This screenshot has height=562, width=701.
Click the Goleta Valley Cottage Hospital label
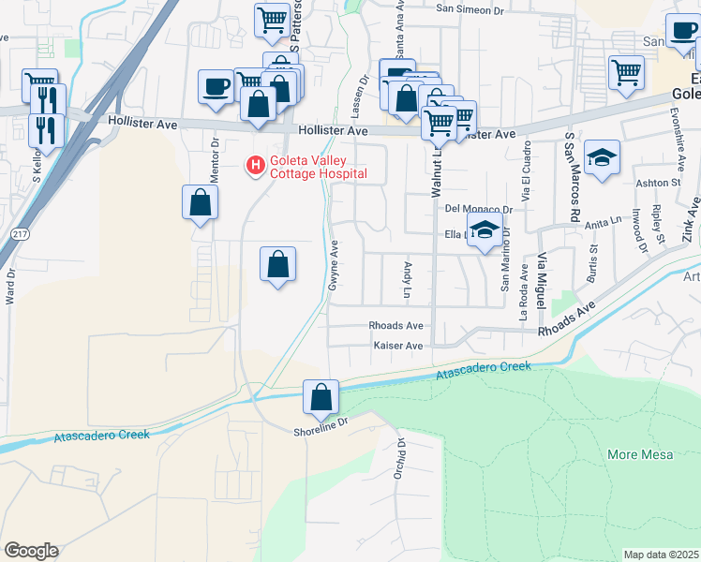[x=317, y=167]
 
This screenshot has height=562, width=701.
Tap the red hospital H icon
[x=254, y=166]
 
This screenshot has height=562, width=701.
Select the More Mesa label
[x=636, y=455]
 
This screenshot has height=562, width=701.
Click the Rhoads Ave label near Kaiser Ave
[x=395, y=326]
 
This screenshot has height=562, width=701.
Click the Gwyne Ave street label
[x=334, y=265]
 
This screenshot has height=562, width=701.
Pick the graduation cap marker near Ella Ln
[x=485, y=230]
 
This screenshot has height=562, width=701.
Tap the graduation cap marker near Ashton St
[x=602, y=157]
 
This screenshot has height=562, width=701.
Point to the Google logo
[x=31, y=551]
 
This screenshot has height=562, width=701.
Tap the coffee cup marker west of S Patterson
[x=216, y=87]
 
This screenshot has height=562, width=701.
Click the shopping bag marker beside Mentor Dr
[x=200, y=202]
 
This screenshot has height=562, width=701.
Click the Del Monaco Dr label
[x=479, y=209]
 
